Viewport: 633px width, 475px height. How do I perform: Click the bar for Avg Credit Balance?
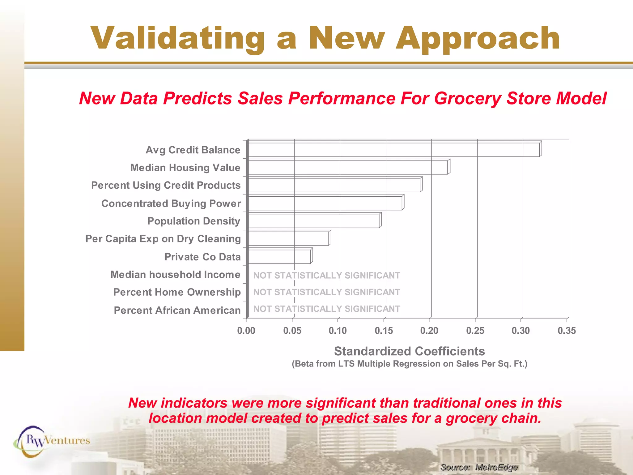tap(394, 150)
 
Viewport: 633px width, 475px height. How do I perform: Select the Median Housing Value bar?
tap(348, 167)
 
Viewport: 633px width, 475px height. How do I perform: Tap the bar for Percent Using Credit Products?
tap(334, 185)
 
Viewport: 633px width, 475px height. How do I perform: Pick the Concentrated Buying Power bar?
tap(325, 203)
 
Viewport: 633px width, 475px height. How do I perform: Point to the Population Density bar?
tap(314, 221)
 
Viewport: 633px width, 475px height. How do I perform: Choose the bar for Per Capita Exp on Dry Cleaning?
tap(289, 238)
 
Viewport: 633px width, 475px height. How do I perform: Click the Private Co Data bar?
tap(279, 257)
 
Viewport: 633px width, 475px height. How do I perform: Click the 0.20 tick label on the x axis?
tap(429, 331)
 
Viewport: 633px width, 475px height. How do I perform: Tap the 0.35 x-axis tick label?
tap(567, 331)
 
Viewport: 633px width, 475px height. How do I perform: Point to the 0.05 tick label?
tap(292, 331)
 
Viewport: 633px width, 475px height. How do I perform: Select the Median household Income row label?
tap(175, 275)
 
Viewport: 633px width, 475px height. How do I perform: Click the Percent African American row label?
tap(177, 310)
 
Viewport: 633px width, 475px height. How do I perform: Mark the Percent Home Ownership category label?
tap(177, 292)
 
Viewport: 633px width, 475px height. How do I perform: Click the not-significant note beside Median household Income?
tap(327, 275)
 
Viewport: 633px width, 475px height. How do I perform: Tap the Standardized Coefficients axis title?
tap(409, 351)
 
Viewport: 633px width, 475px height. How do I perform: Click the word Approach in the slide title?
tap(478, 38)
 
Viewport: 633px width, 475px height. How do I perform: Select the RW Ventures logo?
tap(52, 441)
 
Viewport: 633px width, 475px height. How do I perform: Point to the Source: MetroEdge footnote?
tap(479, 467)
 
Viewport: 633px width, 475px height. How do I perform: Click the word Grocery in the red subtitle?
tap(468, 98)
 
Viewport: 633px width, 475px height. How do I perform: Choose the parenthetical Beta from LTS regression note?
tap(410, 364)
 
